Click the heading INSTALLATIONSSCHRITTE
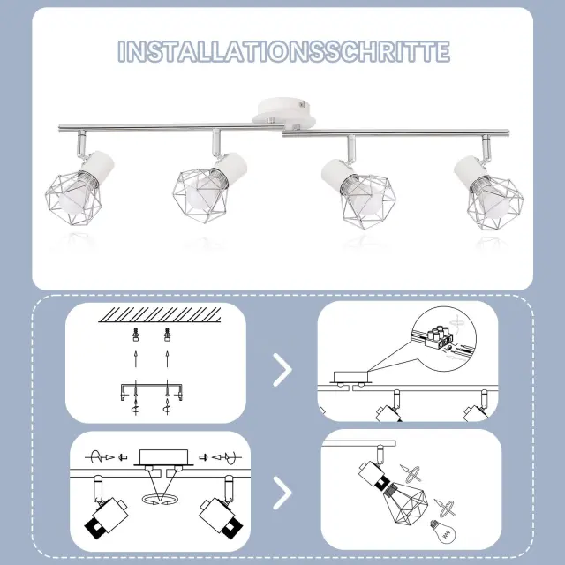[x=283, y=51]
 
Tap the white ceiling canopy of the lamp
[x=284, y=112]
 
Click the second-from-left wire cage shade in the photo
[x=200, y=195]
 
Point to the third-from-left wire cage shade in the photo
[x=368, y=200]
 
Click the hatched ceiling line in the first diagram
[x=160, y=314]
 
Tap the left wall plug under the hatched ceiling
[x=135, y=335]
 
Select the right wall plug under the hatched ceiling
[x=167, y=335]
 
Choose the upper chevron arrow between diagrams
[x=282, y=370]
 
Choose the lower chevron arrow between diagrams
[x=282, y=493]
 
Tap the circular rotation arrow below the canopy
[x=160, y=499]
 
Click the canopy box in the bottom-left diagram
[x=163, y=457]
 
